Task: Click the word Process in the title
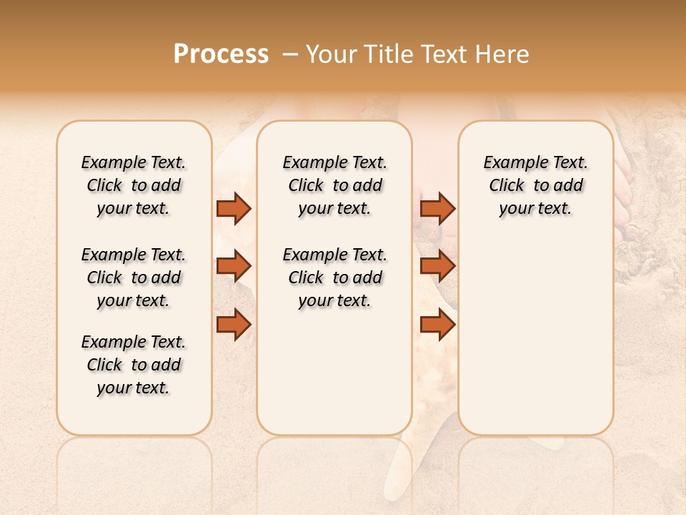(x=221, y=54)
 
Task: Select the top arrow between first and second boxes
(x=234, y=208)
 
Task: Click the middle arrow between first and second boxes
(x=234, y=267)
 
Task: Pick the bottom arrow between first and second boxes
(x=234, y=325)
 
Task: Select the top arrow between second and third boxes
(x=437, y=208)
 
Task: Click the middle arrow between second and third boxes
(x=437, y=267)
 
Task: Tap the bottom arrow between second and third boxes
(x=437, y=325)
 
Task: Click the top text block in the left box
(x=134, y=185)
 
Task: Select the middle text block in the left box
(x=134, y=278)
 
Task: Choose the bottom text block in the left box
(x=134, y=365)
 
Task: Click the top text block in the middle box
(x=334, y=185)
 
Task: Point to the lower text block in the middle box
(x=334, y=278)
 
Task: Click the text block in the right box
(x=535, y=185)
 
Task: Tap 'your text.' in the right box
(x=535, y=209)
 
